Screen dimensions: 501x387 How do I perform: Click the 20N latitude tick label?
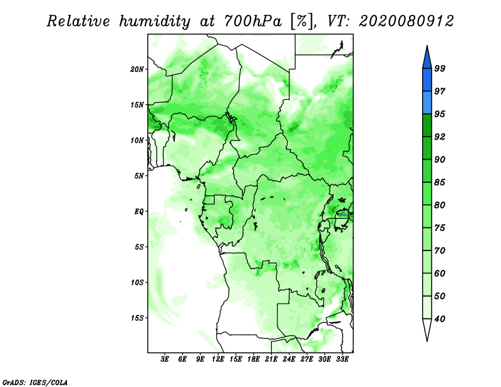[x=137, y=70]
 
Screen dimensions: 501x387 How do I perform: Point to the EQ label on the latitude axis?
[x=138, y=212]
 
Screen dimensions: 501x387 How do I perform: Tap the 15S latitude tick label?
[x=137, y=318]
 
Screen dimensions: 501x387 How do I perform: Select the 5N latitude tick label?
[x=139, y=176]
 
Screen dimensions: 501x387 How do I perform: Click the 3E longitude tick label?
[x=165, y=359]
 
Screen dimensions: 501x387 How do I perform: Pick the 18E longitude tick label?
[x=254, y=359]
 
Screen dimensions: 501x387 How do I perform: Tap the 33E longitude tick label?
[x=342, y=359]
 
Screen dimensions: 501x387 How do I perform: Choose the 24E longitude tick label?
[x=289, y=359]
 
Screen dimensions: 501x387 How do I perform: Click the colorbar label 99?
[x=440, y=68]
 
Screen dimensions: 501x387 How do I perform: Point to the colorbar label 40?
[x=440, y=319]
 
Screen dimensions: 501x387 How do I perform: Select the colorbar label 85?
[x=440, y=182]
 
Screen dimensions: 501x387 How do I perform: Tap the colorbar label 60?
[x=440, y=273]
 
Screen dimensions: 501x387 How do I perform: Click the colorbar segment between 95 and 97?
[x=427, y=103]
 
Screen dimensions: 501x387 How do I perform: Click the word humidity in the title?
[x=155, y=21]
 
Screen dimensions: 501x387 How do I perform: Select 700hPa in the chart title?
[x=253, y=21]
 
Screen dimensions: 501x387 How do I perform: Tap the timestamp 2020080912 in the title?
[x=406, y=21]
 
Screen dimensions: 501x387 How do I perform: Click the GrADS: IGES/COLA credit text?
[x=35, y=382]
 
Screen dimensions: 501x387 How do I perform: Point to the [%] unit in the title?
[x=302, y=21]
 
